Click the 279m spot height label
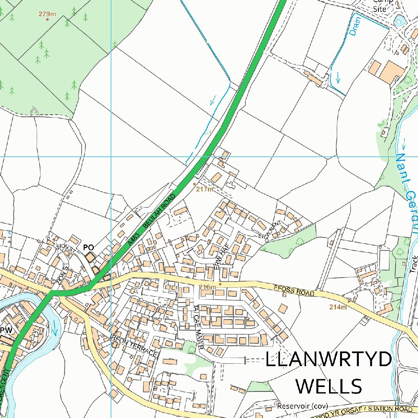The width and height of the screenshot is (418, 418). click(x=47, y=14)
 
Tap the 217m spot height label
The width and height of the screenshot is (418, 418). click(x=205, y=189)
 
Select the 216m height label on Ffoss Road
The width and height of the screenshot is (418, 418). click(x=207, y=287)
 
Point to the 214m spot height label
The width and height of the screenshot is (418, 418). click(x=338, y=307)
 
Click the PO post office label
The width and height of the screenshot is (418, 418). click(x=89, y=247)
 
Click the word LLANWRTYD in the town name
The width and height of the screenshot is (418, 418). click(x=329, y=360)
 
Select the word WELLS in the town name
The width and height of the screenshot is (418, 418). click(x=329, y=386)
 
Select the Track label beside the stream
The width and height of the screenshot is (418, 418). click(x=415, y=265)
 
